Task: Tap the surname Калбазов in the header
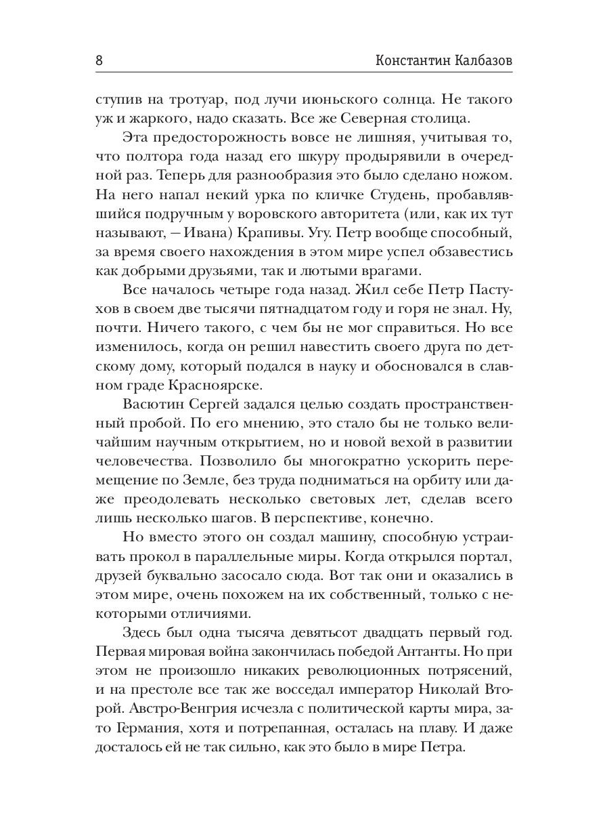point(482,60)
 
